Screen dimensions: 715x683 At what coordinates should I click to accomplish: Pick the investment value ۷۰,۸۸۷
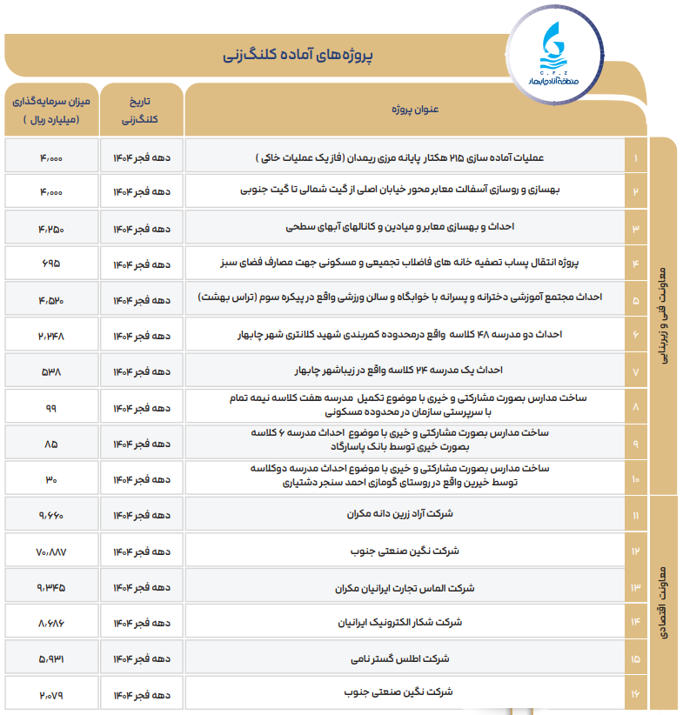tap(50, 551)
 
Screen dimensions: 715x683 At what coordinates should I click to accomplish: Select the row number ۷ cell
tap(636, 371)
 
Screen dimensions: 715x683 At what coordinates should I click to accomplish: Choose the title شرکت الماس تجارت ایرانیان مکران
tap(405, 587)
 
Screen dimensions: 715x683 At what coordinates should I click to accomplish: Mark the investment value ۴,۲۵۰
tap(50, 228)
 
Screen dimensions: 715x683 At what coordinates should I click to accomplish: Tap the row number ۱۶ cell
tap(636, 694)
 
